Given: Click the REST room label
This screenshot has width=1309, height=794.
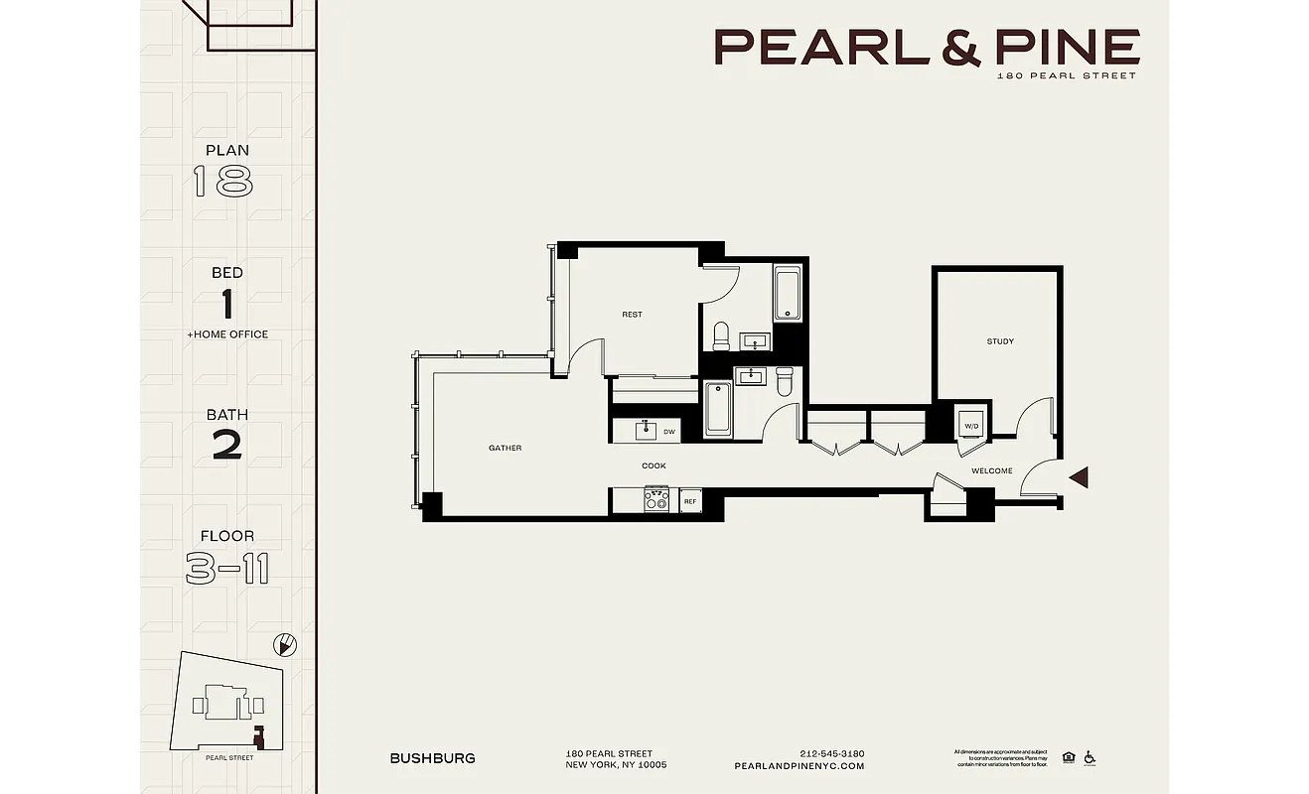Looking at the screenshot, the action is [x=632, y=315].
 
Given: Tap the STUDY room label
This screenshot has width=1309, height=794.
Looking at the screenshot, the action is [x=1000, y=341].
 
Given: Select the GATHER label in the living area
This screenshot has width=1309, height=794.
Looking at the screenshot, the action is [x=505, y=448].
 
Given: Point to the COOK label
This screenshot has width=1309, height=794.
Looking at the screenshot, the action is [x=654, y=465].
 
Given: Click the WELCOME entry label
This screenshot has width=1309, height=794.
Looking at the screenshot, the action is [x=991, y=470].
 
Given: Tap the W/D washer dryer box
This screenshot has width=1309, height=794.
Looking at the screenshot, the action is [x=970, y=426].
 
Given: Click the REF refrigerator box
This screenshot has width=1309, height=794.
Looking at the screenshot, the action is [x=689, y=502].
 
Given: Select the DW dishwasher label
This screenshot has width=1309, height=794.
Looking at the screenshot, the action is [x=669, y=432].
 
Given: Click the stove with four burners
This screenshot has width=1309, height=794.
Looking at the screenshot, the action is [x=656, y=499].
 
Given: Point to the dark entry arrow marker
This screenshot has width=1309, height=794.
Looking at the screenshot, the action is [x=1080, y=478].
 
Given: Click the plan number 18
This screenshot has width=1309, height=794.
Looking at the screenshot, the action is [x=222, y=182].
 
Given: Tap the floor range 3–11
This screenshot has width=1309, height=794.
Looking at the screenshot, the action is [x=227, y=568].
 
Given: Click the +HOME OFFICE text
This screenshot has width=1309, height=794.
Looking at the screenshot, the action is [x=227, y=334].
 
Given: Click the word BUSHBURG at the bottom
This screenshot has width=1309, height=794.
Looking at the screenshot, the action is [x=432, y=758].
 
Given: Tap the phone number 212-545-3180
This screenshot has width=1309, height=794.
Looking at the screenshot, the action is [x=831, y=753].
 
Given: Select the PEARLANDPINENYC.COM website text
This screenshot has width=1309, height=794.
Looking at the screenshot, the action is [x=799, y=766].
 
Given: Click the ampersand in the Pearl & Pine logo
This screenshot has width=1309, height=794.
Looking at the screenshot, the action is [x=960, y=47].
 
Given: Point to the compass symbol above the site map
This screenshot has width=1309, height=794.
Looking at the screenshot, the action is [x=284, y=645].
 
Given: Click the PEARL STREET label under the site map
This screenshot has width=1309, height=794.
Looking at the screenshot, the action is [x=229, y=758].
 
